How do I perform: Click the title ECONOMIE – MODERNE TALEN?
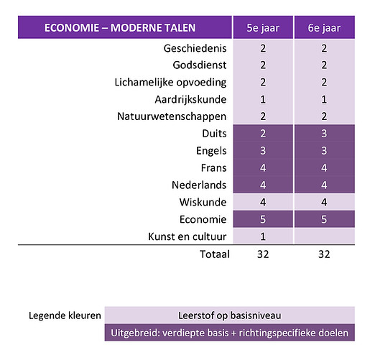tap(120, 29)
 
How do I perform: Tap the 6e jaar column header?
tap(324, 29)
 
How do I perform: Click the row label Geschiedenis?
tap(196, 49)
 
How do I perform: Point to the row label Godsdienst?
tap(199, 65)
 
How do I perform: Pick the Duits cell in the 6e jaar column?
tap(324, 134)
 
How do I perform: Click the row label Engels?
tap(211, 151)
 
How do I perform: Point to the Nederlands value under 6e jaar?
tap(324, 185)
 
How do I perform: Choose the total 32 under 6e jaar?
tap(324, 254)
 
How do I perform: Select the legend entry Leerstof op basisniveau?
tap(229, 315)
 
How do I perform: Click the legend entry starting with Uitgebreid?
tap(229, 333)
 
